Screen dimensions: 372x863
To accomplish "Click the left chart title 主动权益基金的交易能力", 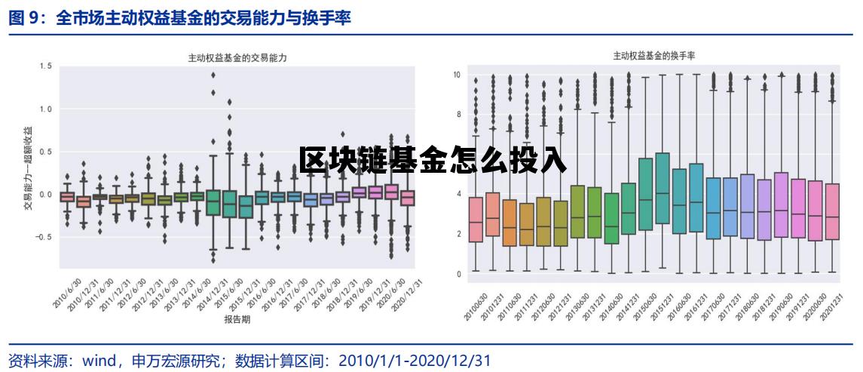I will pos(237,57).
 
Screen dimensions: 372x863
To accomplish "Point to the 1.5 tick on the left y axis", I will pos(45,66).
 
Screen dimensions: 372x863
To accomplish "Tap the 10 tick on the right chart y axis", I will pos(457,75).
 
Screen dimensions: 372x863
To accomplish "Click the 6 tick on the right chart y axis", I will pos(458,155).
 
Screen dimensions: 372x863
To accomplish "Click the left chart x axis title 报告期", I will pos(237,320).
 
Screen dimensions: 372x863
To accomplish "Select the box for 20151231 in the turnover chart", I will pos(662,189).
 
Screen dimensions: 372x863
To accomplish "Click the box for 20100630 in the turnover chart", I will pos(476,220).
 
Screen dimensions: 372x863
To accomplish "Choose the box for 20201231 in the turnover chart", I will pos(831,212).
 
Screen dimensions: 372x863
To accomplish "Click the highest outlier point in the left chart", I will pos(213,75).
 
